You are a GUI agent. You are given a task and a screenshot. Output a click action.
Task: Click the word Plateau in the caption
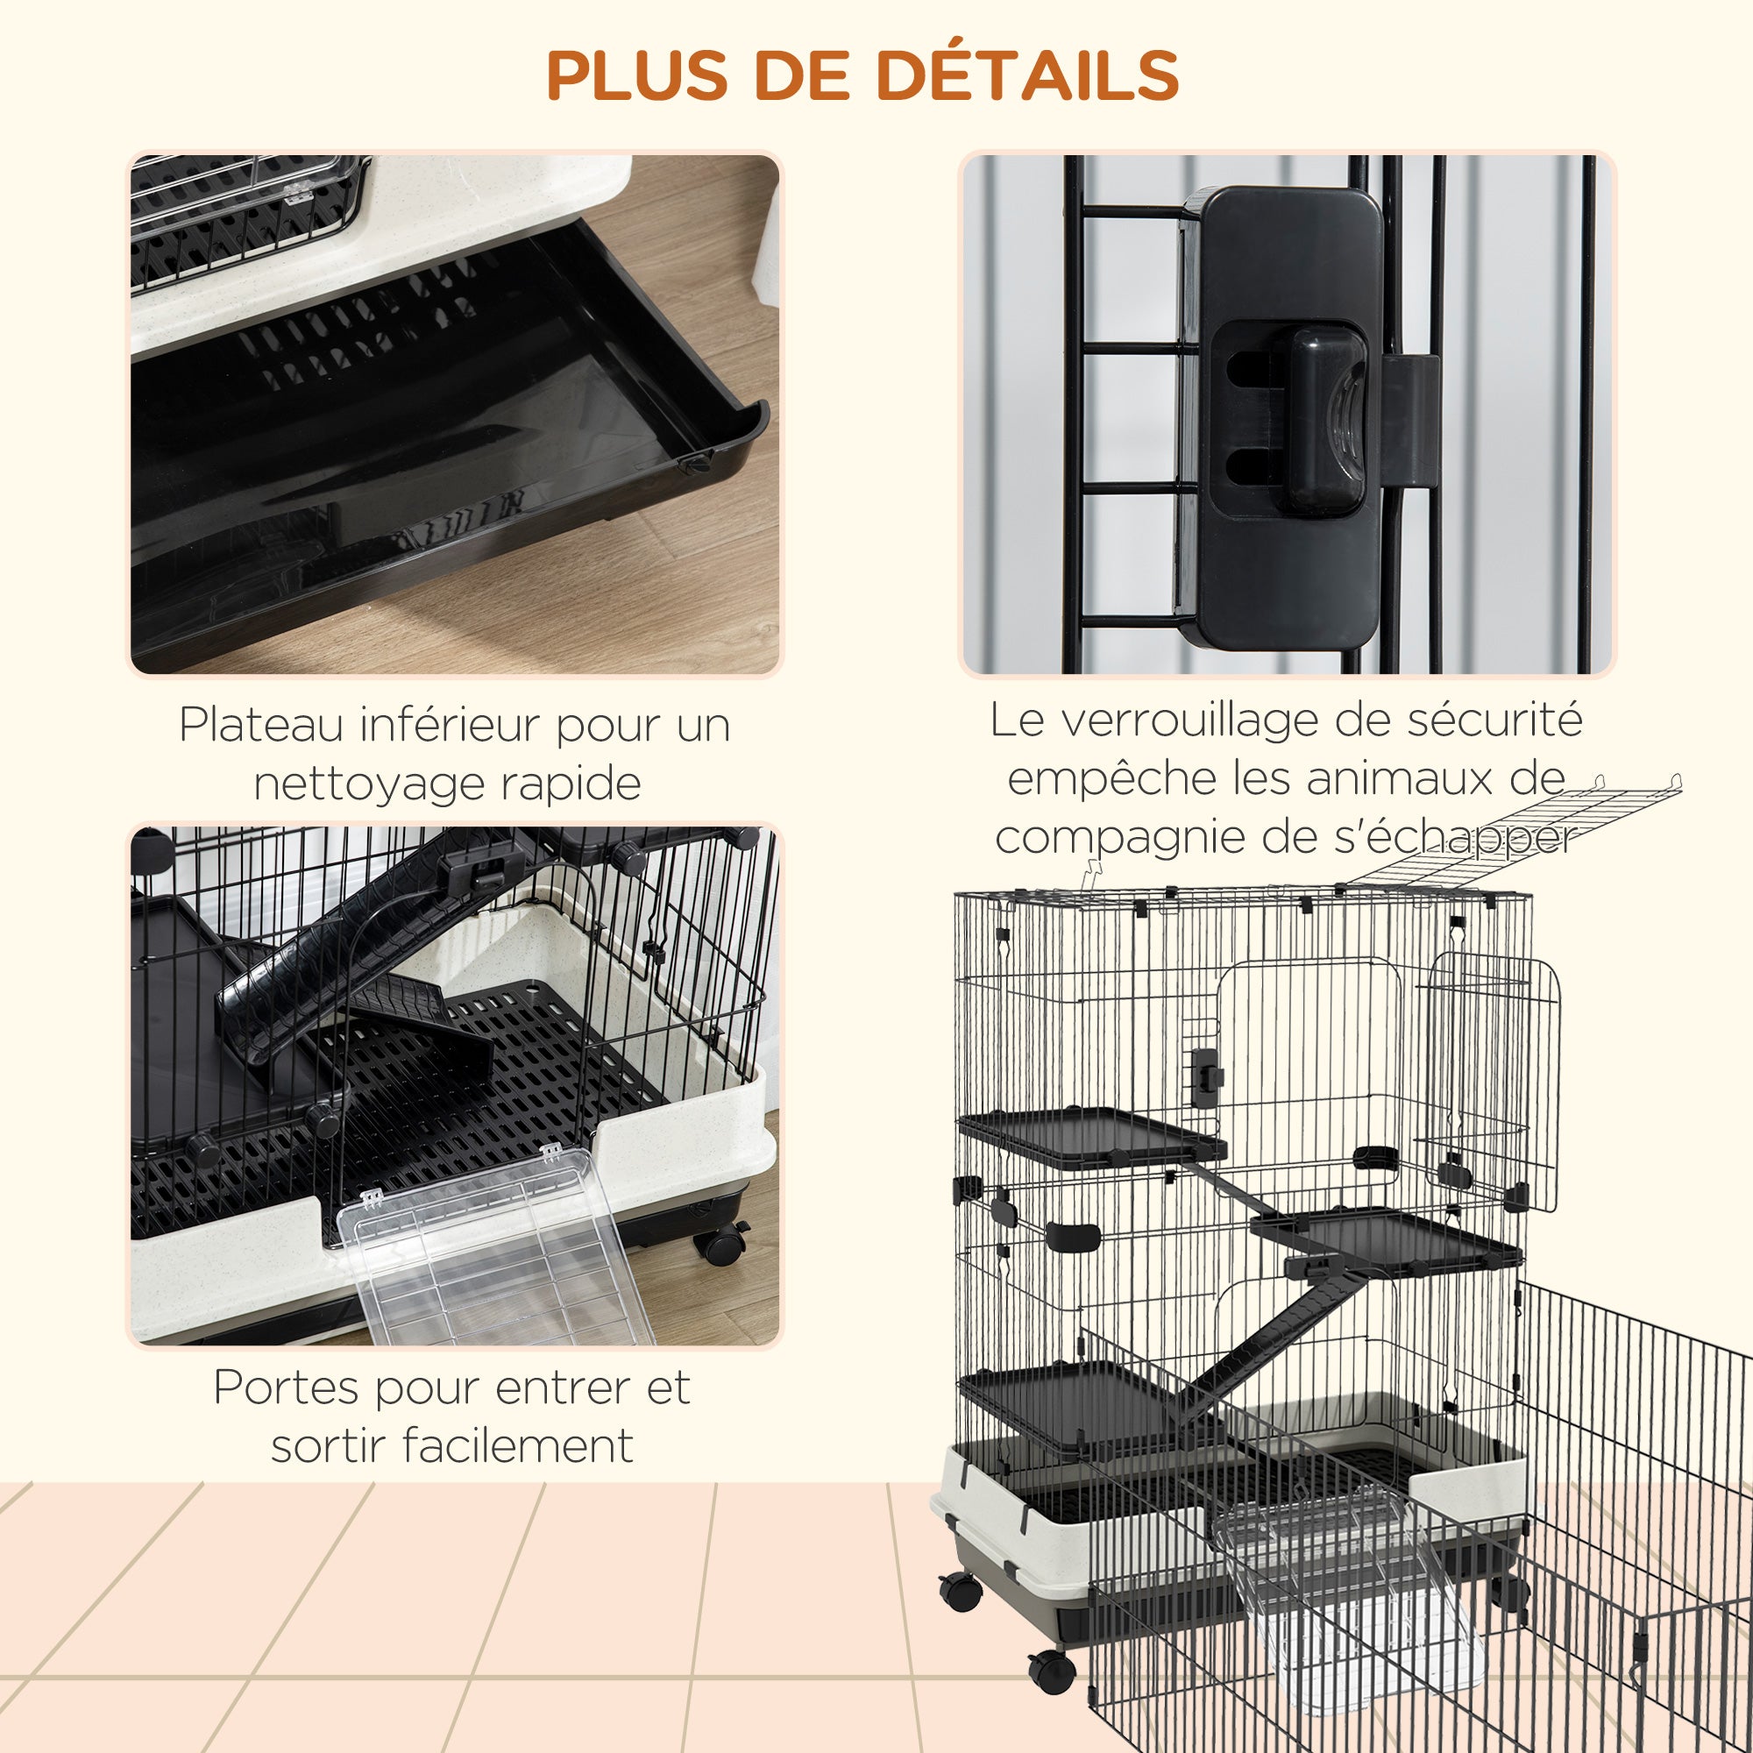click(261, 725)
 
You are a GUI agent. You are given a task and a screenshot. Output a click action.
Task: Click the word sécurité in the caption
click(1494, 720)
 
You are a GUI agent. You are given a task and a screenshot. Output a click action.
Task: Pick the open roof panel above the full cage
click(1515, 830)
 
